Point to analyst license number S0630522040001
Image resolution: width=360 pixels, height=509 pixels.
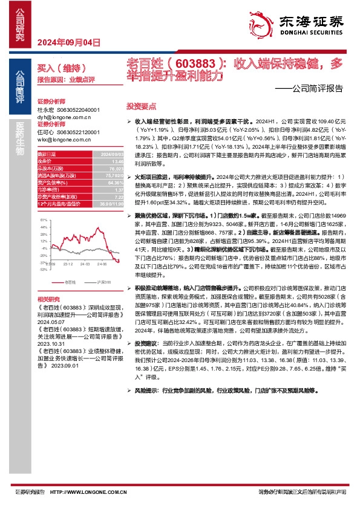pos(76,110)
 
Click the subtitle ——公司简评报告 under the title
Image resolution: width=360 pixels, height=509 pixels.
pos(313,88)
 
